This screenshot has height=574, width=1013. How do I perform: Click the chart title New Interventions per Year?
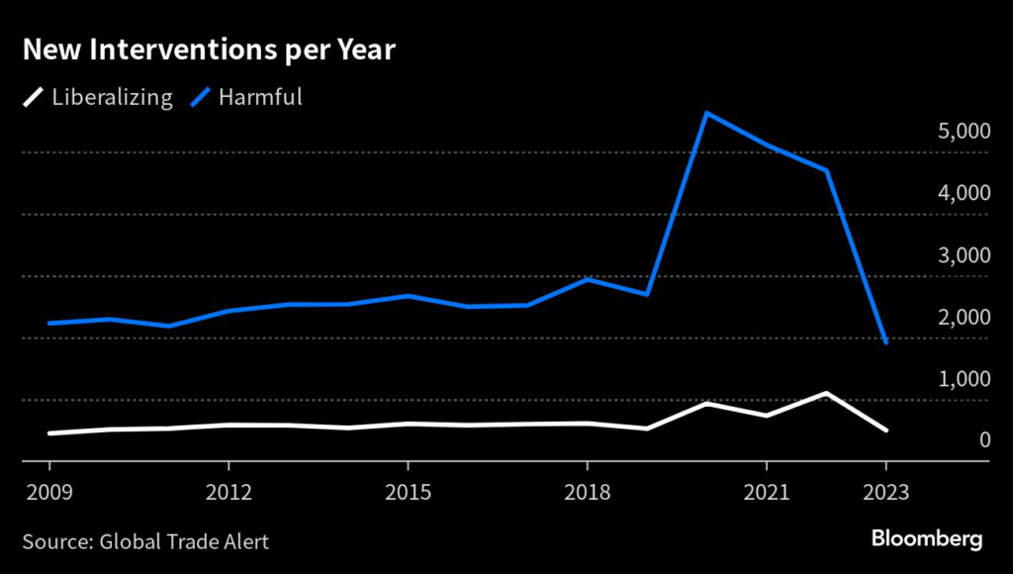pyautogui.click(x=209, y=50)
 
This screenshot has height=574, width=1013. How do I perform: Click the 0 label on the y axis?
pyautogui.click(x=984, y=440)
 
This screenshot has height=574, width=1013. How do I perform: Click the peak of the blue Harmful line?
pyautogui.click(x=706, y=113)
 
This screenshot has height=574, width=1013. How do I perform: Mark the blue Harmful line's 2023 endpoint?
pyautogui.click(x=885, y=342)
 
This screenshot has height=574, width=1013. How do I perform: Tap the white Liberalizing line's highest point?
pyautogui.click(x=826, y=393)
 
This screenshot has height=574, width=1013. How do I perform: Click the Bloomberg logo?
pyautogui.click(x=926, y=539)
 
